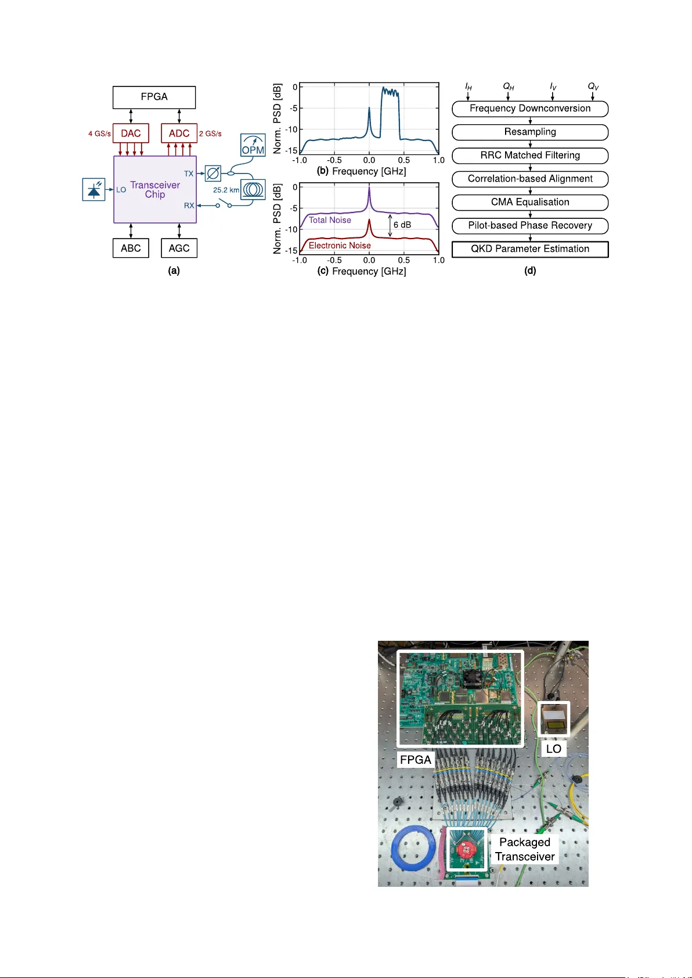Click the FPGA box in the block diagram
click(x=154, y=97)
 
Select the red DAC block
click(x=131, y=133)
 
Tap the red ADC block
click(x=179, y=133)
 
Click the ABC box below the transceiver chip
click(x=131, y=248)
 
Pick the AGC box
click(x=179, y=248)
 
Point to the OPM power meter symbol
click(x=253, y=145)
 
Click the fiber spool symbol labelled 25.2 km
click(x=253, y=189)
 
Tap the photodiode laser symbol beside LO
click(x=94, y=189)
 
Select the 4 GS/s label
click(x=99, y=133)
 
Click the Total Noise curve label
click(x=330, y=220)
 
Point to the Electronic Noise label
click(x=340, y=246)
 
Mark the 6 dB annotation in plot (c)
click(x=402, y=225)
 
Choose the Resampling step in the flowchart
click(x=530, y=132)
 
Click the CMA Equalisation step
click(x=530, y=202)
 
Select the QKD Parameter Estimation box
click(x=530, y=249)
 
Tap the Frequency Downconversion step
click(x=530, y=109)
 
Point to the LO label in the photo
click(x=553, y=749)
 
